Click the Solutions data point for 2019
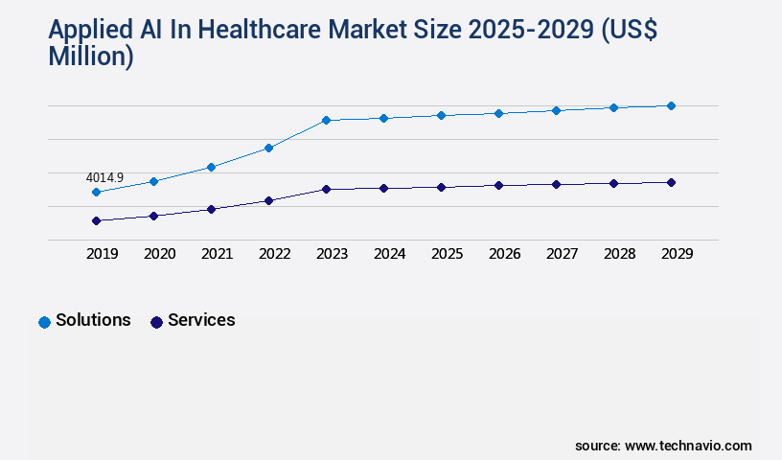[x=96, y=192]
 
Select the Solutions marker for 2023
[x=326, y=120]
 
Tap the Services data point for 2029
[x=671, y=182]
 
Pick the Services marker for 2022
[x=268, y=200]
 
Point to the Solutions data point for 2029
[x=671, y=105]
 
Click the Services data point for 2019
[x=96, y=220]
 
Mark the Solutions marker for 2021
[x=211, y=167]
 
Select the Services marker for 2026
[x=498, y=185]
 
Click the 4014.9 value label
[x=104, y=178]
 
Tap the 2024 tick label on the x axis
[x=389, y=254]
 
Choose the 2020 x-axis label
[x=159, y=254]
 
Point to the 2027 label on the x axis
[x=562, y=254]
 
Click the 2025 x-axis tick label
[x=447, y=254]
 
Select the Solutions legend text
[x=93, y=320]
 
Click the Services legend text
[x=201, y=320]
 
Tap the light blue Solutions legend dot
[x=44, y=322]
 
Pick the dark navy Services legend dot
[x=156, y=322]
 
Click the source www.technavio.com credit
[x=663, y=446]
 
